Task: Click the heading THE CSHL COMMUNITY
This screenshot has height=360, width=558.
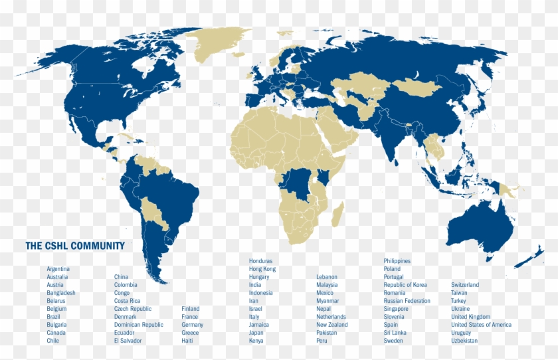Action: click(75, 246)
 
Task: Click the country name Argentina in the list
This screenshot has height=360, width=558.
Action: click(58, 269)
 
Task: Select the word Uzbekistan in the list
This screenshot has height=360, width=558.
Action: click(464, 341)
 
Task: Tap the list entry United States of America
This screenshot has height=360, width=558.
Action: click(482, 325)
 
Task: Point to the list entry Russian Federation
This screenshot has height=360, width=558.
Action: click(407, 301)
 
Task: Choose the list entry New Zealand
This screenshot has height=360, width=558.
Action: click(332, 325)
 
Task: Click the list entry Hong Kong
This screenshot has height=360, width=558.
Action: click(262, 269)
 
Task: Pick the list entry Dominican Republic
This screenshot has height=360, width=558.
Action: click(138, 325)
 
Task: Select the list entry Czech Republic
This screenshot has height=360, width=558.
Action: click(133, 309)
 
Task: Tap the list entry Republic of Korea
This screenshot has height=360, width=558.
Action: click(405, 285)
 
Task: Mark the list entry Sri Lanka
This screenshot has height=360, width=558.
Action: click(395, 333)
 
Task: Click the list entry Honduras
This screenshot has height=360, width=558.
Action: click(261, 261)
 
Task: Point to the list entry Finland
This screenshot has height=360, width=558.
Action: click(190, 309)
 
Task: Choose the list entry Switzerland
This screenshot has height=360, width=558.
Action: click(465, 285)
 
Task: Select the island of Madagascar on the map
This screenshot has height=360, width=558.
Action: click(337, 215)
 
